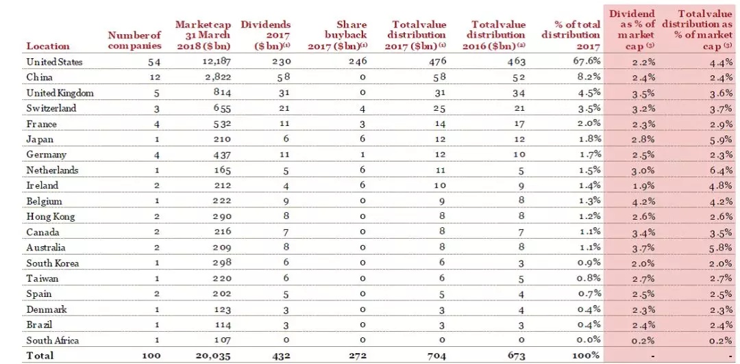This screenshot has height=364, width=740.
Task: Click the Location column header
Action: pyautogui.click(x=48, y=46)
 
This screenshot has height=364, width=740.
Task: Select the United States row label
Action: pyautogui.click(x=54, y=62)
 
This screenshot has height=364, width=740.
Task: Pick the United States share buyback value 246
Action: pyautogui.click(x=359, y=62)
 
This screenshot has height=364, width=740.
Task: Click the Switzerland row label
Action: pyautogui.click(x=51, y=108)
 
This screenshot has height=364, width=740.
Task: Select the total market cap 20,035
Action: pyautogui.click(x=213, y=355)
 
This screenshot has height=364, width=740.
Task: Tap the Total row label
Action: pyautogui.click(x=40, y=355)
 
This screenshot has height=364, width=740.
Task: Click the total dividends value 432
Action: pyautogui.click(x=283, y=355)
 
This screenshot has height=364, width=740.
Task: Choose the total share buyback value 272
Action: pyautogui.click(x=359, y=355)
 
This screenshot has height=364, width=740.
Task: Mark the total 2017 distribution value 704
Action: pyautogui.click(x=437, y=355)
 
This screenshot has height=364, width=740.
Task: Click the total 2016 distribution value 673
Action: pyautogui.click(x=517, y=355)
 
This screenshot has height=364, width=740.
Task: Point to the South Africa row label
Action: pyautogui.click(x=52, y=340)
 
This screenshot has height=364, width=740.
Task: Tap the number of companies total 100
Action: pyautogui.click(x=151, y=355)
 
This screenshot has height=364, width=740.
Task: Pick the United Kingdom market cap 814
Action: pyautogui.click(x=222, y=93)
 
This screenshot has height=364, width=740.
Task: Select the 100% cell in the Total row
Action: pyautogui.click(x=589, y=355)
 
